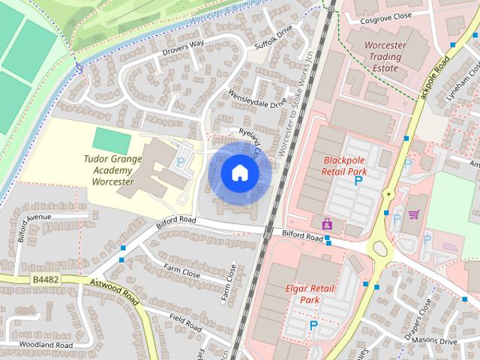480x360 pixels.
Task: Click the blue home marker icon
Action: coord(239,173)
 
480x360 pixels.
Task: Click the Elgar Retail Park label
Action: coord(303,293)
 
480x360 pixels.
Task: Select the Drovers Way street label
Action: coord(183,48)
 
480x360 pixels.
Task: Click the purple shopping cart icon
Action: coord(413,214)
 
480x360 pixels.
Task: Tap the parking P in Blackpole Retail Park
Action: coord(358,181)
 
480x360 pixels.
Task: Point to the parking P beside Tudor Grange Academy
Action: coord(178,160)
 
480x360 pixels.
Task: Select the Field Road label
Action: coord(185,323)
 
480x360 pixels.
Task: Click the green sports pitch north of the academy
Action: coord(111,139)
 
